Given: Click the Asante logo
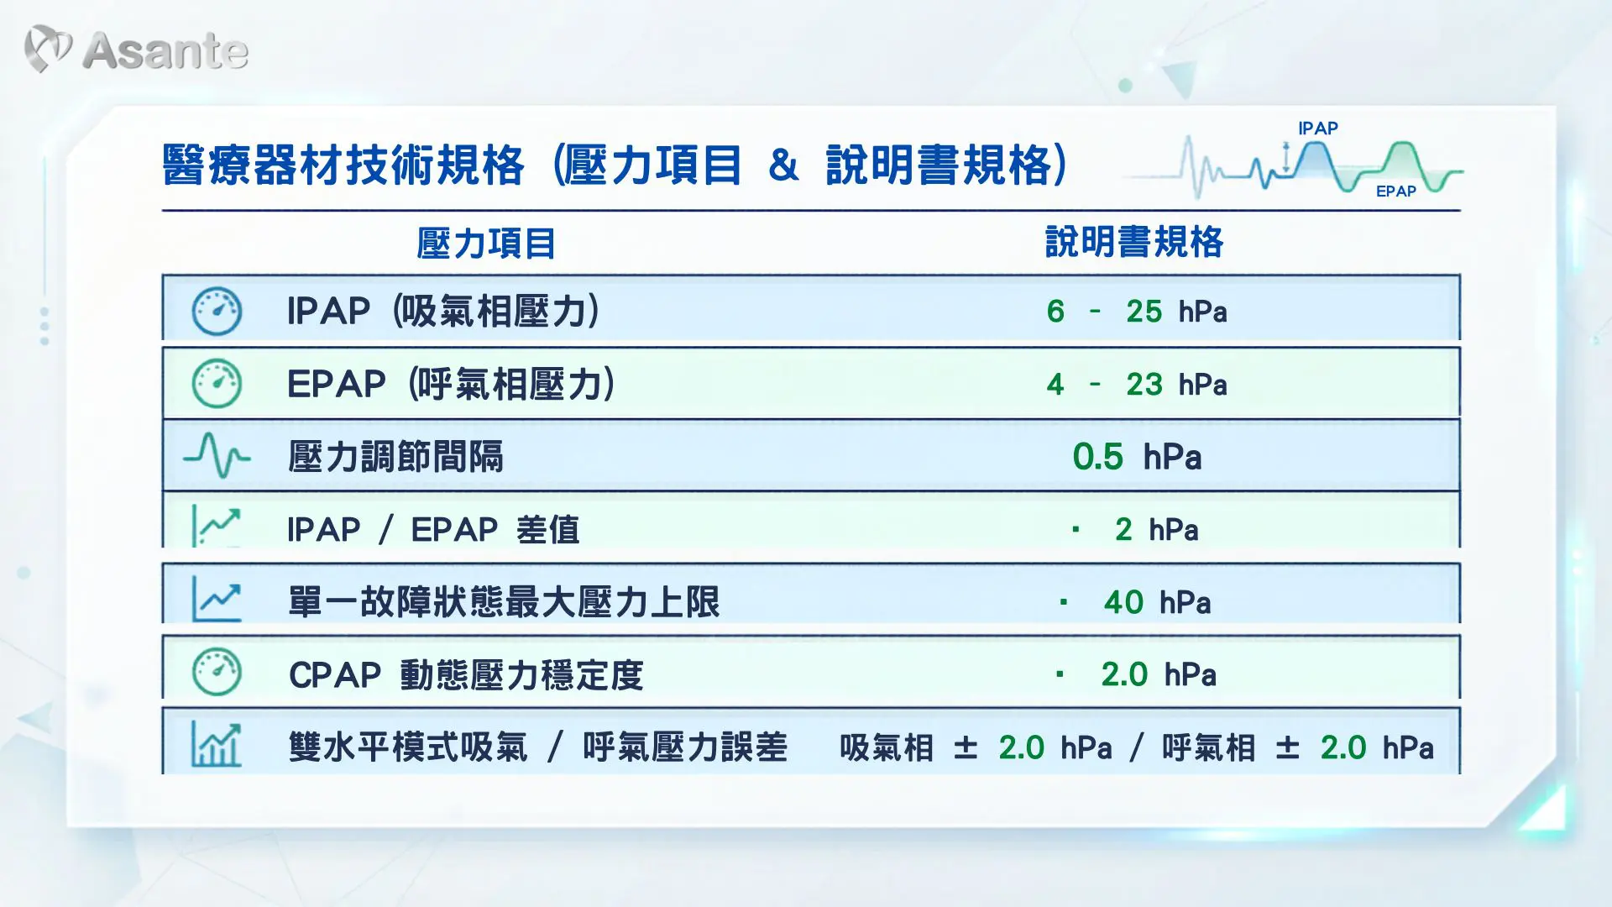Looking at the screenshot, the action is click(136, 50).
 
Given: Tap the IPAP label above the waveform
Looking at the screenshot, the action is click(1317, 128).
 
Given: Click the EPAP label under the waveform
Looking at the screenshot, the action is click(1395, 191).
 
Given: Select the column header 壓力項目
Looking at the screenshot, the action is click(486, 244).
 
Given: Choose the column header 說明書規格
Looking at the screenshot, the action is click(1134, 242).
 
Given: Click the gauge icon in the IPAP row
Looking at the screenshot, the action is click(217, 311).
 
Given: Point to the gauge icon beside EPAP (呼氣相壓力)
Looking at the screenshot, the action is click(217, 384).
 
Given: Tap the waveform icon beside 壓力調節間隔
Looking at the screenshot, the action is click(217, 456).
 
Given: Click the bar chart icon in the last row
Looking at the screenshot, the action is click(217, 745).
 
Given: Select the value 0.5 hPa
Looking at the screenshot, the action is click(1137, 457).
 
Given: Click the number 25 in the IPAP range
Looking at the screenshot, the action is click(1144, 312).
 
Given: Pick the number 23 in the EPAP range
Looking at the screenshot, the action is click(1144, 385).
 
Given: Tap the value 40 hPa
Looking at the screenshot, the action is click(1157, 602).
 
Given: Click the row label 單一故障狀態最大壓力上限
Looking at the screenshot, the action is click(504, 602).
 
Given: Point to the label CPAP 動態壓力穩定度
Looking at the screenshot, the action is click(466, 675).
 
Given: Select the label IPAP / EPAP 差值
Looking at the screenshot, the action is click(433, 530).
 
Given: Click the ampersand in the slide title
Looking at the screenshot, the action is click(782, 165).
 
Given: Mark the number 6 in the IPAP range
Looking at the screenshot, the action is click(1055, 312).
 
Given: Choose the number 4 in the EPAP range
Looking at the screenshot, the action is click(1055, 385).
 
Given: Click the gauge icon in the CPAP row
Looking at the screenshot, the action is click(217, 672).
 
